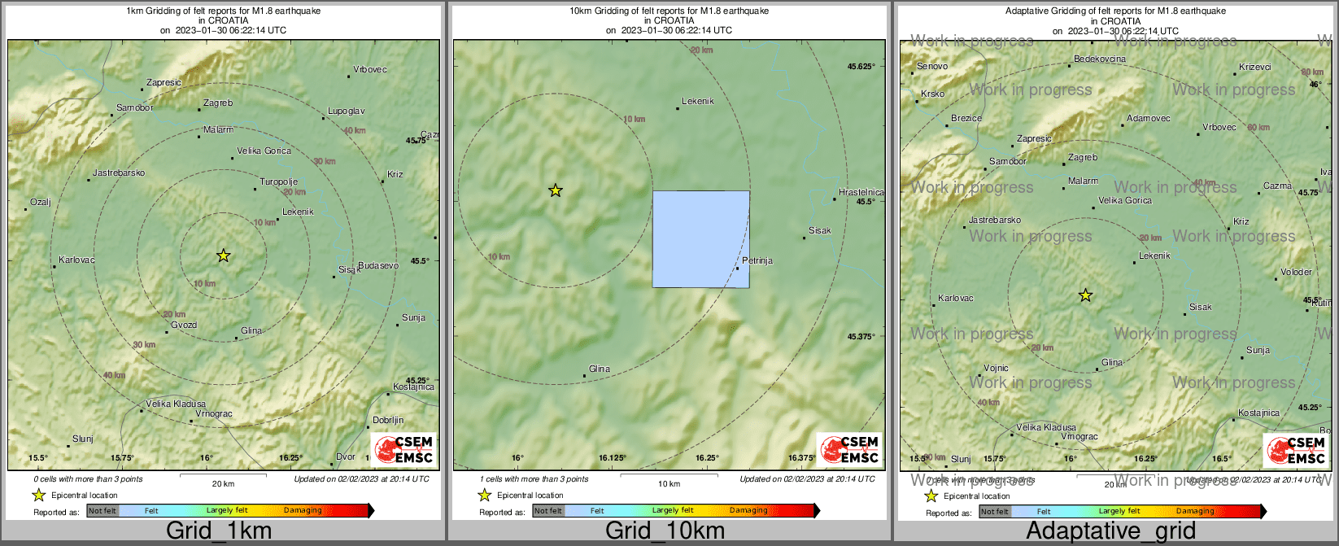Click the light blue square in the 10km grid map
click(x=700, y=239)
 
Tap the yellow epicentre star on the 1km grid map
click(x=224, y=256)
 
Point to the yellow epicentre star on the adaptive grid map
click(x=1085, y=295)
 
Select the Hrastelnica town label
click(x=861, y=193)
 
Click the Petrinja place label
click(x=757, y=261)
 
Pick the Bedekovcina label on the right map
click(x=1100, y=59)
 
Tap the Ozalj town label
click(x=40, y=203)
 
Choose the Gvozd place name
click(x=184, y=325)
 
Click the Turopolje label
click(x=279, y=182)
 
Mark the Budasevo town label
click(x=378, y=266)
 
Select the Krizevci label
click(x=1255, y=68)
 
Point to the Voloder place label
click(x=1296, y=273)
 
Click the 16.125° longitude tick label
click(x=614, y=458)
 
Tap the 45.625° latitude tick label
click(x=861, y=67)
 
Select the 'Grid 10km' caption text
click(x=665, y=531)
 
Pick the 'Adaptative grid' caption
click(x=1110, y=531)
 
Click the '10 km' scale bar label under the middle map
click(x=669, y=484)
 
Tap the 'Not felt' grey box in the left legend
click(x=102, y=511)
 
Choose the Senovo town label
click(x=932, y=67)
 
